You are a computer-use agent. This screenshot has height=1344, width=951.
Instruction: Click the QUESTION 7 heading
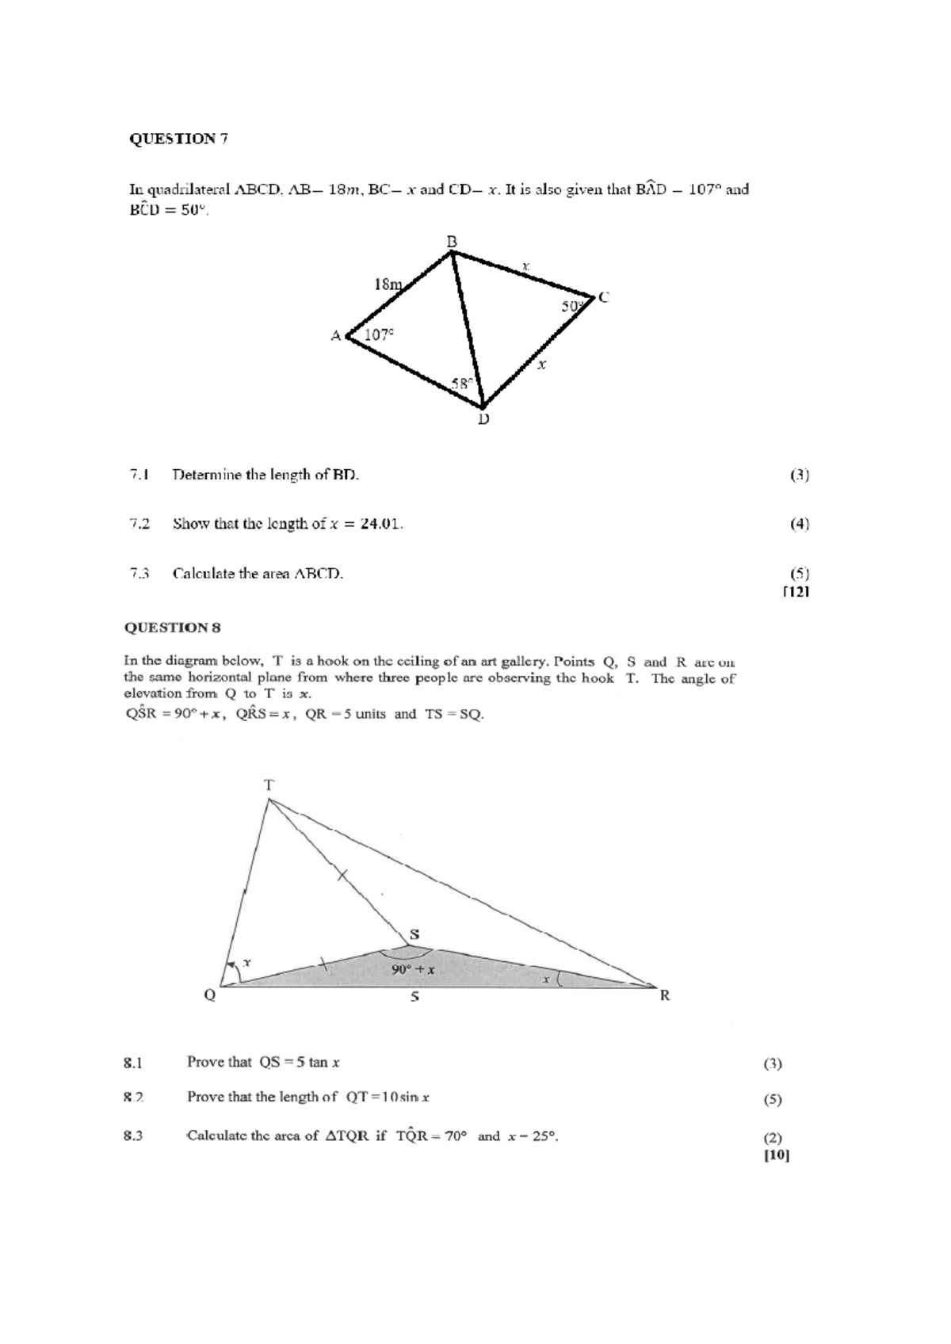pos(178,139)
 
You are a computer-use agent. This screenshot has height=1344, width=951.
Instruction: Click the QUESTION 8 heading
pos(172,628)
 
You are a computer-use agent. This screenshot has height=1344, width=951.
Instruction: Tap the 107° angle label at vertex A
pos(379,334)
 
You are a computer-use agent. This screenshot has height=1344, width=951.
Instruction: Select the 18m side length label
pos(388,284)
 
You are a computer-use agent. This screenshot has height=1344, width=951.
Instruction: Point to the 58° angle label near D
pos(462,383)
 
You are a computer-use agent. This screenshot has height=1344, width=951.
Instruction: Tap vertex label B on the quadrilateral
pos(451,240)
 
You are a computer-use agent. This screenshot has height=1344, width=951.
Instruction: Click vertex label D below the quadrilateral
pos(483,418)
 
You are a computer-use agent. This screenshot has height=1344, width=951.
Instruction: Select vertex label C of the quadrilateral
pos(604,297)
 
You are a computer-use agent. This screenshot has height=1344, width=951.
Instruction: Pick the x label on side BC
pos(525,267)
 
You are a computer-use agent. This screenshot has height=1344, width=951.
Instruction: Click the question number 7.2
pos(139,524)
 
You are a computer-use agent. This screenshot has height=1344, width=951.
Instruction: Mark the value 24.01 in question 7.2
pos(380,524)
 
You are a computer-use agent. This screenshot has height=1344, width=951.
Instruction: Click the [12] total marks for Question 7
pos(795,591)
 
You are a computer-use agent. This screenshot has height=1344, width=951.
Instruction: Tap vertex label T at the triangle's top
pos(269,785)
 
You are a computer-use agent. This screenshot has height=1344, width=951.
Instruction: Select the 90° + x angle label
pos(413,969)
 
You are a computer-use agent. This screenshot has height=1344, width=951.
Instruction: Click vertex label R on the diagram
pos(665,995)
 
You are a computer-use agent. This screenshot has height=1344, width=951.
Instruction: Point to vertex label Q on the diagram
pos(210,995)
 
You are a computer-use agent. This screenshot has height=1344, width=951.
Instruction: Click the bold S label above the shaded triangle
pos(414,934)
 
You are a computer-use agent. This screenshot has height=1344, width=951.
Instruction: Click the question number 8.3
pos(133,1136)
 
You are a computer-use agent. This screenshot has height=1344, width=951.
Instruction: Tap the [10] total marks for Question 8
pos(777,1155)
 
